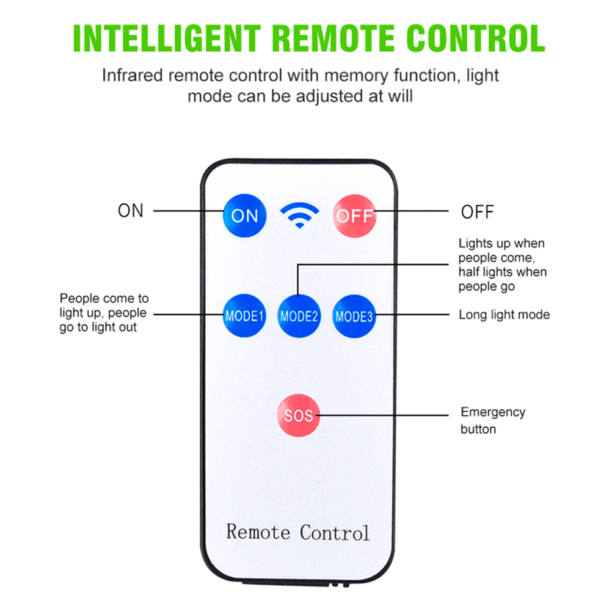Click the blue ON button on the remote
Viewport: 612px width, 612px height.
click(244, 215)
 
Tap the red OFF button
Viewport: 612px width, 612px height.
click(354, 216)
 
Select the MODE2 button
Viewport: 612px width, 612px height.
click(299, 316)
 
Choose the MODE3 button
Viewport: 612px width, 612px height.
click(354, 316)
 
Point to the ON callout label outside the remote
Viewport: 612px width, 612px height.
click(130, 211)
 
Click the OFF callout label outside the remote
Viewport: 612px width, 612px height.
click(477, 212)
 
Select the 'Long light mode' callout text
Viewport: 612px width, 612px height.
click(504, 315)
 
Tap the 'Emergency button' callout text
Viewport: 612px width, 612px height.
click(492, 420)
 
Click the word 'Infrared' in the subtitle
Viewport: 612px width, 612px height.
click(132, 76)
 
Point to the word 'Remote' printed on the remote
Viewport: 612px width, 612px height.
click(258, 531)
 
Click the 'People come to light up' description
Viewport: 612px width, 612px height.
click(104, 313)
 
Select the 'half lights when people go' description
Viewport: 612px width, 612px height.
click(502, 279)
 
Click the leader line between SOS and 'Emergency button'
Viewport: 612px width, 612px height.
click(385, 415)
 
